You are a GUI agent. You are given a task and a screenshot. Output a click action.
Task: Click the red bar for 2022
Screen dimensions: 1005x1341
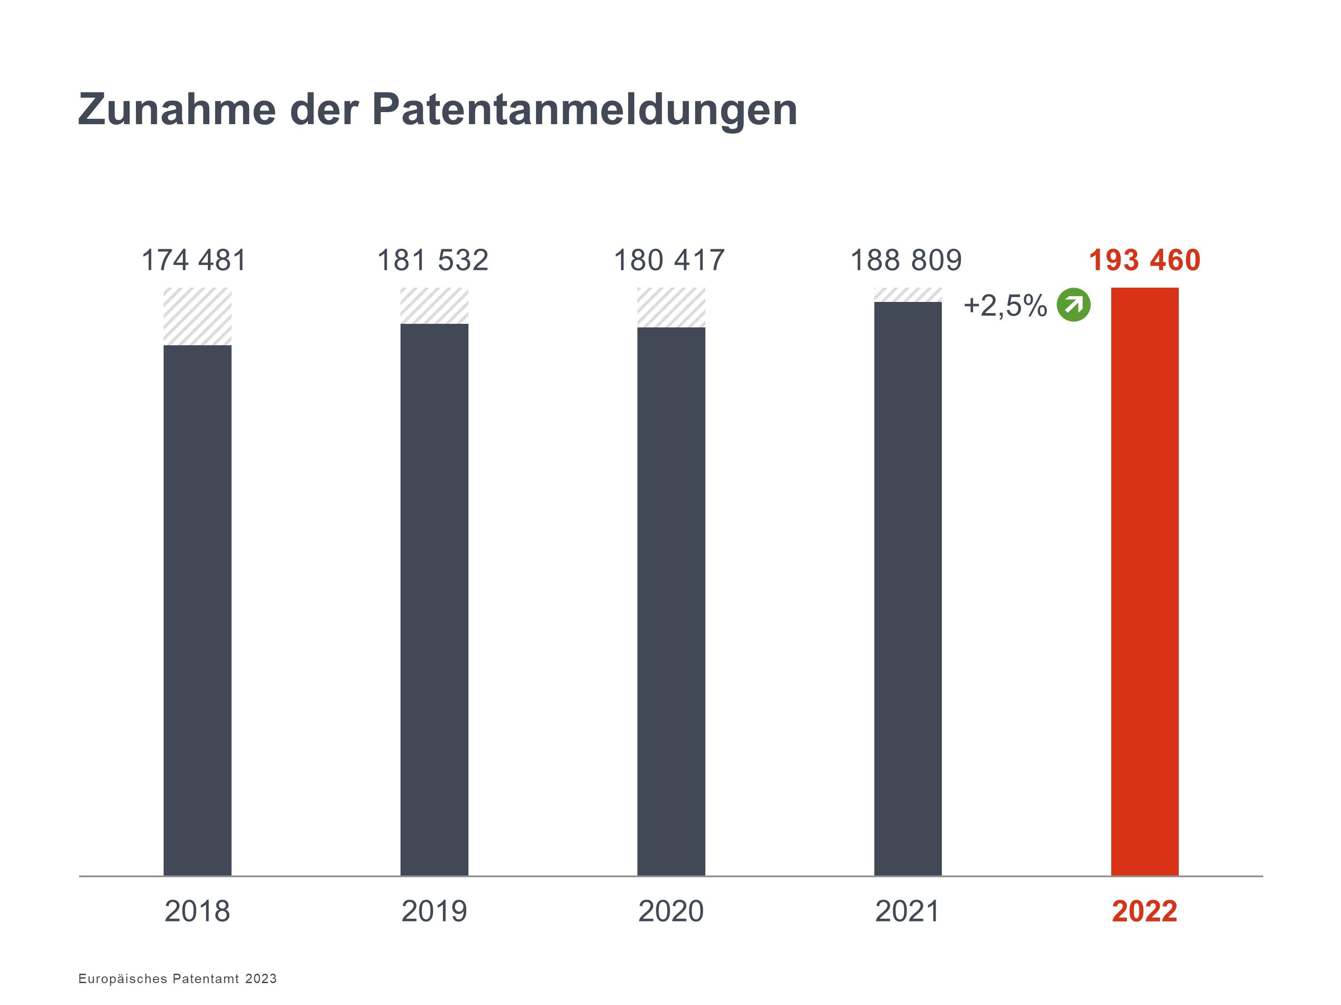(x=1145, y=582)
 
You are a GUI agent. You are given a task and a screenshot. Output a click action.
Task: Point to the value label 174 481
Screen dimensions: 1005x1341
(x=194, y=260)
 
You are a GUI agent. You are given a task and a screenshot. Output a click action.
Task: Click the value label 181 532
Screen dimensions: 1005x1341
(x=433, y=260)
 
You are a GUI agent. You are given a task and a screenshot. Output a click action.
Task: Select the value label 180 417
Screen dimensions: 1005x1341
(x=669, y=260)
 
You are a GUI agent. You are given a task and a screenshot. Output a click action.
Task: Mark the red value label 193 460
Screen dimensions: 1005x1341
(x=1145, y=260)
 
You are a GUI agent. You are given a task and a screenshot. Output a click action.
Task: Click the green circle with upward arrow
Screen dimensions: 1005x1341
(x=1074, y=305)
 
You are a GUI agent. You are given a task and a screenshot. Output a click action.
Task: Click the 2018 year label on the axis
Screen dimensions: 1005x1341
(x=198, y=911)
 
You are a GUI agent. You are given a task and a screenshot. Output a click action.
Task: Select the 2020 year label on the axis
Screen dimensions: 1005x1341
(x=671, y=911)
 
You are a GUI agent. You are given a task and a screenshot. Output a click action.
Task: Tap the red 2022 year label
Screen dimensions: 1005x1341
(x=1145, y=911)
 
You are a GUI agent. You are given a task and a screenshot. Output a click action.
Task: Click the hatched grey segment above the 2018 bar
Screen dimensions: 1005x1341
(x=198, y=316)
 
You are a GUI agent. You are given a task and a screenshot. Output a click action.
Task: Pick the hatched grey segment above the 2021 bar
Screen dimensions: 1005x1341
(x=907, y=294)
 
